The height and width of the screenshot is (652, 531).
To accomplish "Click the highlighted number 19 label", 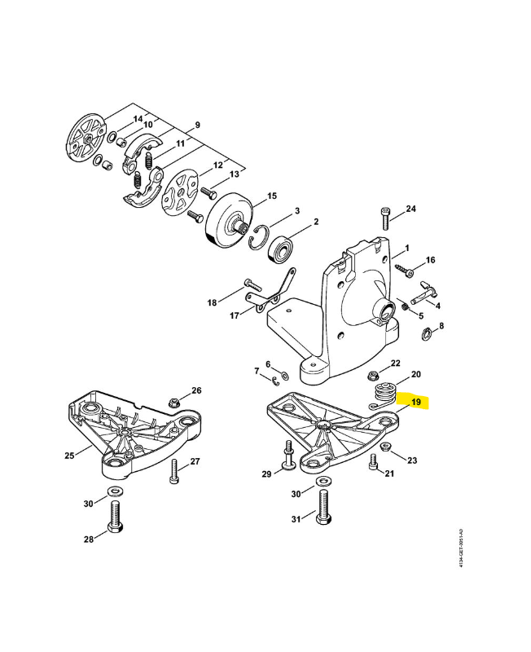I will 415,402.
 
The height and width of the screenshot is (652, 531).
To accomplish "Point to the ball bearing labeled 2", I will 282,249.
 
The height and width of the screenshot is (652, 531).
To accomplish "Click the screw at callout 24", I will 386,218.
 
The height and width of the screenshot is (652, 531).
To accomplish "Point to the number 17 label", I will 235,316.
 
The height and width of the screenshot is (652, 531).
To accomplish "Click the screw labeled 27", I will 173,474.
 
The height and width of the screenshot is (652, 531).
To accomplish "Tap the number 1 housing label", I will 407,248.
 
